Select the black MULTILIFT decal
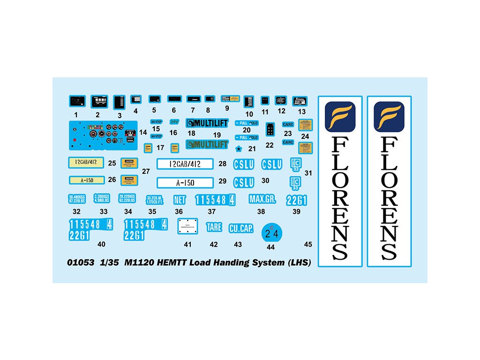pyautogui.click(x=207, y=123)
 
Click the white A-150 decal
pyautogui.click(x=185, y=183)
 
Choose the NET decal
pyautogui.click(x=180, y=200)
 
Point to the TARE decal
pyautogui.click(x=214, y=227)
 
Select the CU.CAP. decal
pyautogui.click(x=241, y=228)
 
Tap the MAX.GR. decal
pyautogui.click(x=262, y=199)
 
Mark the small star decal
pyautogui.click(x=239, y=149)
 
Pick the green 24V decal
pyautogui.click(x=174, y=121)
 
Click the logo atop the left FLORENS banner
pyautogui.click(x=340, y=117)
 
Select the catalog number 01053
pyautogui.click(x=81, y=262)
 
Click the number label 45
pyautogui.click(x=308, y=244)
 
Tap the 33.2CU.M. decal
pyautogui.click(x=155, y=200)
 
